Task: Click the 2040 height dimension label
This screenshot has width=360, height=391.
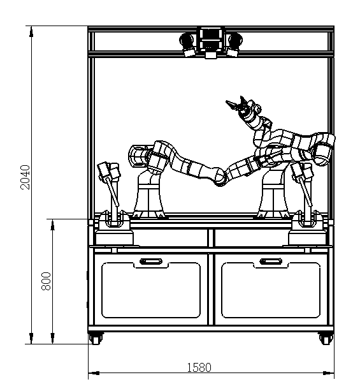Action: [x=25, y=177]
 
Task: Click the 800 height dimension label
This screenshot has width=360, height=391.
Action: [x=46, y=281]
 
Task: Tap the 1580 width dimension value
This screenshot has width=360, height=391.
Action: [x=199, y=367]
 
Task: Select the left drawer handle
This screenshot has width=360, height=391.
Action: [x=151, y=262]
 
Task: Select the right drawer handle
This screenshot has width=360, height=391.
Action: [x=271, y=262]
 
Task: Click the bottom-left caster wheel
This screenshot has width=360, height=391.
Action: [x=96, y=339]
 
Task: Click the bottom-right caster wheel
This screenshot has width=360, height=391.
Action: [x=326, y=339]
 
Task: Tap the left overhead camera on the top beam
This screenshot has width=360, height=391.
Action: [x=187, y=45]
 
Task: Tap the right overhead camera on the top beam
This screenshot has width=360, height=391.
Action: [x=234, y=45]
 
